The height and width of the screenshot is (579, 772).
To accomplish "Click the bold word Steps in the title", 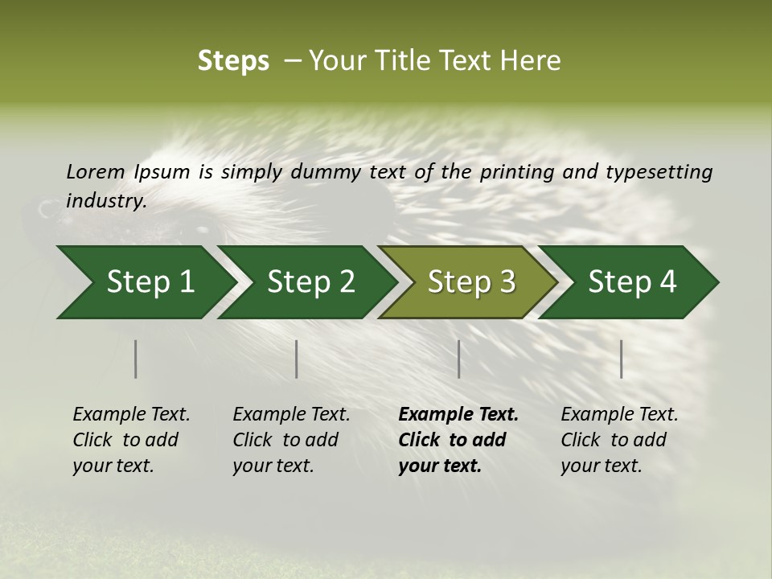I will coord(233,61).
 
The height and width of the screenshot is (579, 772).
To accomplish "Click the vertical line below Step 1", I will coord(136,359).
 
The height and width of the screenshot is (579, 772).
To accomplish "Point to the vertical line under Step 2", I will coord(297,359).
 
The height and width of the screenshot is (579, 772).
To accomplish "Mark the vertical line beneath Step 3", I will coord(459,359).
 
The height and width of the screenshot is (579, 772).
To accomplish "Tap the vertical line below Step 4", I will coord(622,359).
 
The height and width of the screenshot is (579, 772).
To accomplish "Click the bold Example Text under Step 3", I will coord(458,415).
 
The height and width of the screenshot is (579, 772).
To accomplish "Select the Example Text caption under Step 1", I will coord(131,415).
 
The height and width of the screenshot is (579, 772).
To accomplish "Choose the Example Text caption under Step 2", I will coord(291,415).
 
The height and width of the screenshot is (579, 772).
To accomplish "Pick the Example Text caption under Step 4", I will coord(619,415).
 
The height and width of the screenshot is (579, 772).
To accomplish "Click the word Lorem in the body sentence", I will coord(96,172).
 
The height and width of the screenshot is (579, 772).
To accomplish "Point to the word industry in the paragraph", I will coord(105,201).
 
